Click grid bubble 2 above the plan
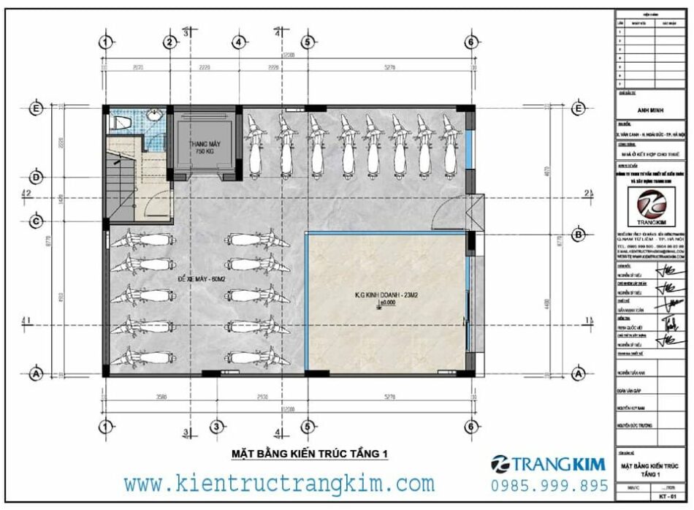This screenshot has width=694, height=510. [x=169, y=42]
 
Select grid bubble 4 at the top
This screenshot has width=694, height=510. [x=238, y=42]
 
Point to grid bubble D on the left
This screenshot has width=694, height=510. [x=35, y=177]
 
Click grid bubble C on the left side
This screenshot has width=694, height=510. [x=35, y=220]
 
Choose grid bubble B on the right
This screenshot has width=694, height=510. [x=578, y=235]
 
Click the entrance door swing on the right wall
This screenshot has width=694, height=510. [x=451, y=215]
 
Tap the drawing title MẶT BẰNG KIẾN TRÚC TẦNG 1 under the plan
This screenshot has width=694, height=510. [x=309, y=454]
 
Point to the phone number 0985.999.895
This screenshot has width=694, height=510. [x=550, y=485]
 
